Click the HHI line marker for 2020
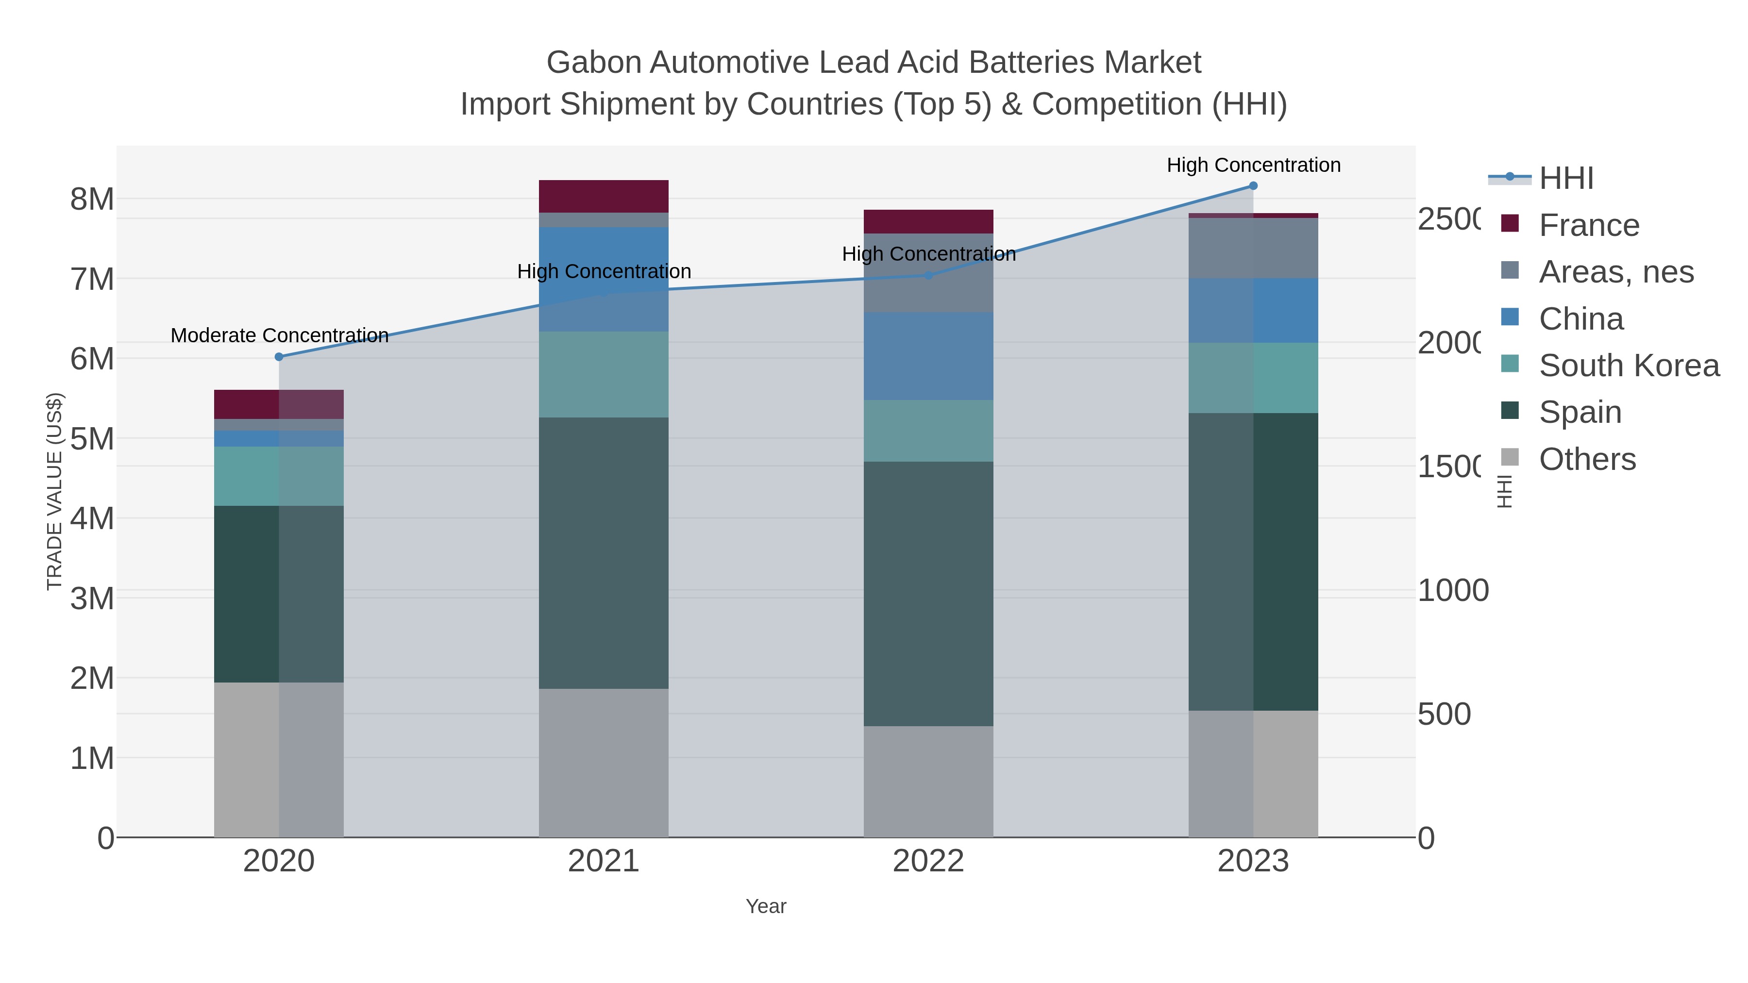point(279,357)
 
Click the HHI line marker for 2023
point(1253,186)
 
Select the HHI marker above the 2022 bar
point(929,275)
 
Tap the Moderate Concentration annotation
point(280,336)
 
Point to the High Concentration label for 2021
point(604,271)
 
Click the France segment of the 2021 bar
point(604,197)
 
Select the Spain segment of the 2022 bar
point(928,594)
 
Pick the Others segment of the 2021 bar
point(604,763)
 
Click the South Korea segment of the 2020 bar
point(279,476)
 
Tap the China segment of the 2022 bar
point(928,356)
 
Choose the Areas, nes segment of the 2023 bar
point(1253,248)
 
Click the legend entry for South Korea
point(1629,366)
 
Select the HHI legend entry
point(1566,179)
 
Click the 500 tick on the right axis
point(1444,715)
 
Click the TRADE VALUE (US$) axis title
point(55,491)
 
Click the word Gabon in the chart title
point(594,63)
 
